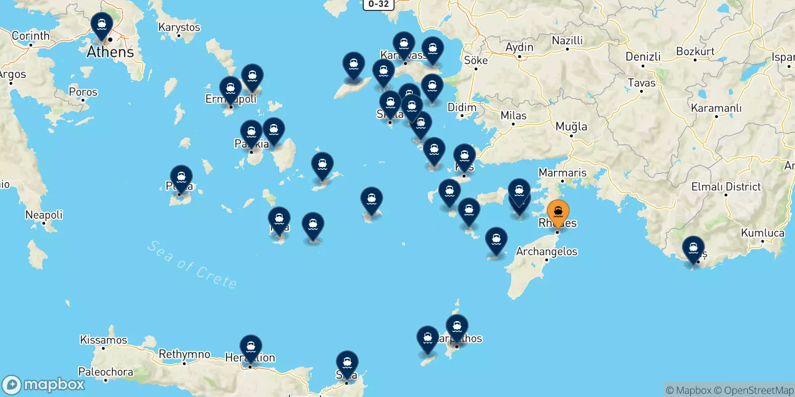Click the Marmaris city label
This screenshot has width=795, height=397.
pyautogui.click(x=562, y=173)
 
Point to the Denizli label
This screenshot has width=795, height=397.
pyautogui.click(x=643, y=57)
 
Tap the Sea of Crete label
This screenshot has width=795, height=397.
pyautogui.click(x=192, y=265)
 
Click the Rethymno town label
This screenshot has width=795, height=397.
pyautogui.click(x=184, y=354)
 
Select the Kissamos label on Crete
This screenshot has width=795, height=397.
pyautogui.click(x=103, y=340)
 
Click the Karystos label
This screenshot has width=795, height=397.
pyautogui.click(x=179, y=27)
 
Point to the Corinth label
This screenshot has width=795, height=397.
pyautogui.click(x=31, y=36)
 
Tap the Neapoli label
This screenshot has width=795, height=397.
pyautogui.click(x=44, y=215)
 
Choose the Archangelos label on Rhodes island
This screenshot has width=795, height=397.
pyautogui.click(x=547, y=252)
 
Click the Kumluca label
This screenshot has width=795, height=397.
pyautogui.click(x=762, y=233)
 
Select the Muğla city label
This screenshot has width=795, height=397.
pyautogui.click(x=571, y=127)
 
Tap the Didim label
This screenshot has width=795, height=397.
pyautogui.click(x=462, y=107)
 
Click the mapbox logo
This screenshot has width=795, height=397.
pyautogui.click(x=44, y=385)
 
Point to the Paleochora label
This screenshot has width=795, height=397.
pyautogui.click(x=105, y=372)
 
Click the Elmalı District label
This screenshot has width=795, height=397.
pyautogui.click(x=726, y=187)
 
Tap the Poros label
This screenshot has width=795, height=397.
pyautogui.click(x=83, y=92)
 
